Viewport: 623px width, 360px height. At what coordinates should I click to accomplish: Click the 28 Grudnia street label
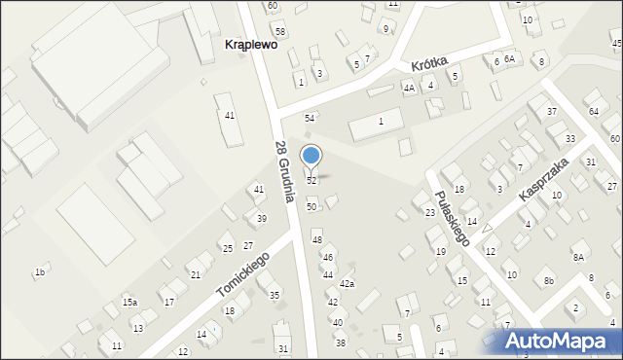point(283,171)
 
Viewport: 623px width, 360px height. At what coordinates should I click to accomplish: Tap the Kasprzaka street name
point(542,180)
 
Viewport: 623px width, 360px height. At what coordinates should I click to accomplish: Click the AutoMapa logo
point(559,341)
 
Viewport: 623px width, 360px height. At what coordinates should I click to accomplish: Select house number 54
point(310,118)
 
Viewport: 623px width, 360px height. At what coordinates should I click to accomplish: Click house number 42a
point(347,284)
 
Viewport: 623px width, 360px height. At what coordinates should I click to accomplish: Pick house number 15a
point(129,303)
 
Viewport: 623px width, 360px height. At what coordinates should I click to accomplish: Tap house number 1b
point(40,272)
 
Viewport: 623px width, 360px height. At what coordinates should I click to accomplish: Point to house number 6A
point(508,59)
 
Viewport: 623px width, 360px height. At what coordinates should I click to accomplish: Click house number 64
point(594,113)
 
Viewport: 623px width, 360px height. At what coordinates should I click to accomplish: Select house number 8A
point(578,257)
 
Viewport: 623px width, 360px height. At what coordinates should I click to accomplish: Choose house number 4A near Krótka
point(409,88)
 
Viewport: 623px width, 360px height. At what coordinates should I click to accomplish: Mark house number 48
point(316,239)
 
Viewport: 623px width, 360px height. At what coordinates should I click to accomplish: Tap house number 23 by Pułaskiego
point(429,212)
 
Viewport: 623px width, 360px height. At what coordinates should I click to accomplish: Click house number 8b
point(549,281)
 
